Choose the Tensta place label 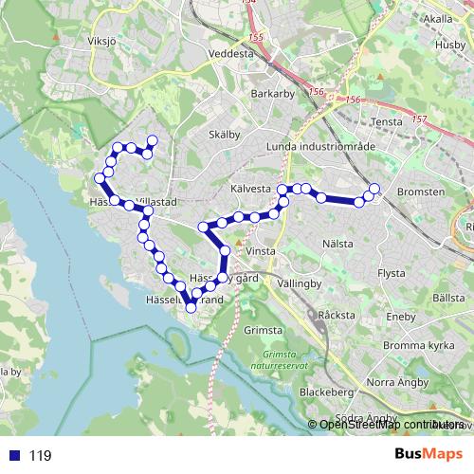tap(389, 121)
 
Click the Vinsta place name tap(260, 251)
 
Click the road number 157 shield tap(420, 120)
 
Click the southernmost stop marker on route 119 tap(191, 306)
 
